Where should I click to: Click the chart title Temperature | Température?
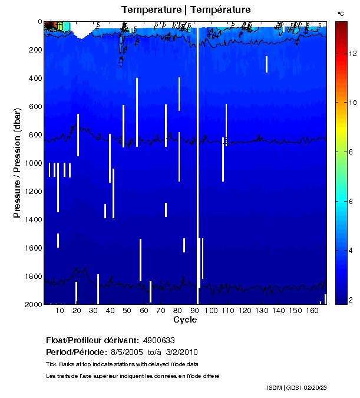pyautogui.click(x=186, y=10)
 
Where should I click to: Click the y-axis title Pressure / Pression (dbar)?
pyautogui.click(x=17, y=163)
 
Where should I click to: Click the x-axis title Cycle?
pyautogui.click(x=185, y=320)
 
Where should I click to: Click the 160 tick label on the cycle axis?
pyautogui.click(x=311, y=310)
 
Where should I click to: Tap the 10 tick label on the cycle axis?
pyautogui.click(x=60, y=310)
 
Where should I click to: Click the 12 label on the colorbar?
pyautogui.click(x=353, y=54)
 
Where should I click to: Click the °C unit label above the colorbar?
pyautogui.click(x=341, y=13)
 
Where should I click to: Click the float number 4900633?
pyautogui.click(x=158, y=341)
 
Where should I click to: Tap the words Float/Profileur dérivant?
pyautogui.click(x=92, y=341)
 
